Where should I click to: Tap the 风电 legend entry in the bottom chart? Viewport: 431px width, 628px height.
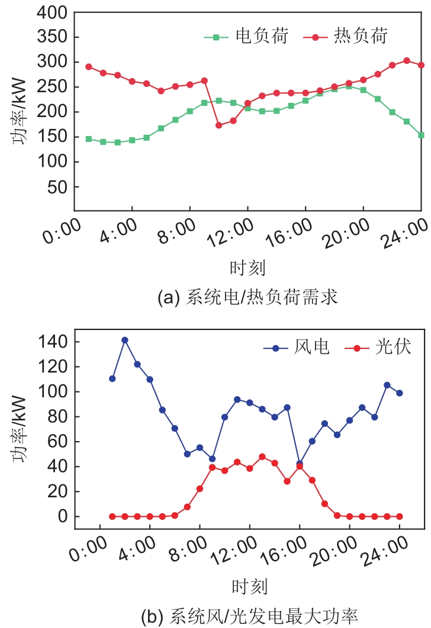coord(308,347)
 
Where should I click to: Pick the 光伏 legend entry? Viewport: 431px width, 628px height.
coord(394,347)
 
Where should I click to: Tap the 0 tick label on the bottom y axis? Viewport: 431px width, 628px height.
coord(82,516)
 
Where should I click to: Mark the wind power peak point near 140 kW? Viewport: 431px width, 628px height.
coord(125,340)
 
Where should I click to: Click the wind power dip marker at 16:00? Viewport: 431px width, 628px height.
coord(300,464)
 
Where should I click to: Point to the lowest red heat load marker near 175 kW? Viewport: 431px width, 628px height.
coord(218,125)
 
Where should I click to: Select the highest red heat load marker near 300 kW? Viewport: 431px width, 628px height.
coord(407,60)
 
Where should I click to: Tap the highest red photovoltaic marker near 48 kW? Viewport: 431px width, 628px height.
coord(262,457)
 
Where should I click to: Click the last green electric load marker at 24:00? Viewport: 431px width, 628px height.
coord(421,135)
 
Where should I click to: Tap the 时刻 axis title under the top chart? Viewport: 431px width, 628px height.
coord(247,269)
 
